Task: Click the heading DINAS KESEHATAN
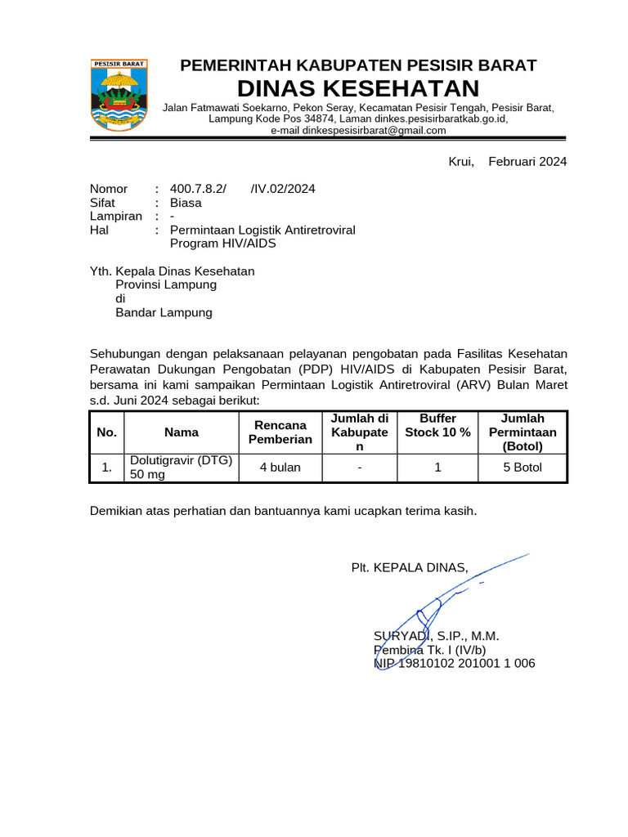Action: [358, 88]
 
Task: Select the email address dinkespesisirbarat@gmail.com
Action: [358, 130]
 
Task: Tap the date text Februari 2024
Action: [527, 162]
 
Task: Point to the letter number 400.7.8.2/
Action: [198, 189]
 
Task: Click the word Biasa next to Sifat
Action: [186, 203]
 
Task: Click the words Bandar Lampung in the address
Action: [164, 312]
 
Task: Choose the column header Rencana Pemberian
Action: [280, 432]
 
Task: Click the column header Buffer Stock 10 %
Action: [437, 425]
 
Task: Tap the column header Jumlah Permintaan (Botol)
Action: [523, 432]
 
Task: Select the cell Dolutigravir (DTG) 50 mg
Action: [181, 468]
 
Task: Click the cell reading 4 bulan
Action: [280, 468]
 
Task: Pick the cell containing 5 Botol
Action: [523, 468]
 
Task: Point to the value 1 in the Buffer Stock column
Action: [437, 468]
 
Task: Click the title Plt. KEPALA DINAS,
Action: [410, 567]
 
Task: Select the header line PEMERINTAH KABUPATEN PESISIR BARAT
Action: [358, 65]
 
